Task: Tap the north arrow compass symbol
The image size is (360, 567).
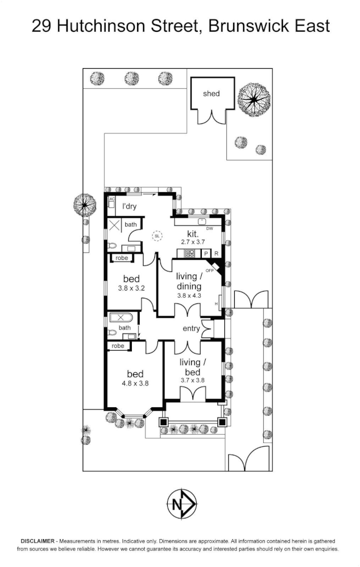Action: [x=181, y=504]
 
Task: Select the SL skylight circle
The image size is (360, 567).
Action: [x=158, y=236]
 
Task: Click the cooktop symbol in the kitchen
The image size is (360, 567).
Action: [x=190, y=254]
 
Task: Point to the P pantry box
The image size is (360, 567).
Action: [x=206, y=254]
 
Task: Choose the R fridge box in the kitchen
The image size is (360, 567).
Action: [x=216, y=254]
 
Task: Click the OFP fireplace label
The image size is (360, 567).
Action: [x=210, y=270]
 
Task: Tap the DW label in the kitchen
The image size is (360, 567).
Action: [x=210, y=228]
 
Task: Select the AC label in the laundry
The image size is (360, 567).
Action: [x=112, y=199]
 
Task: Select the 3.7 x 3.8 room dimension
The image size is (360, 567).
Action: [x=193, y=379]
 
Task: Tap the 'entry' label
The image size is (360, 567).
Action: [x=191, y=329]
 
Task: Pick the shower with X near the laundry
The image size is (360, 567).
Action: [x=115, y=226]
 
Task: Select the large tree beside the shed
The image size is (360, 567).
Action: [x=254, y=99]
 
